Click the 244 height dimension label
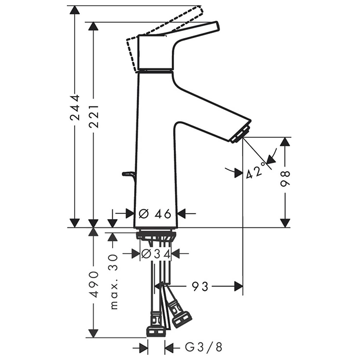coord(75,107)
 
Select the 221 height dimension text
coord(94,117)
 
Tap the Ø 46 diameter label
coord(155,214)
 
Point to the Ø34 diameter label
coord(156,254)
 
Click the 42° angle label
coord(256,172)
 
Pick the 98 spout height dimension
coord(285,178)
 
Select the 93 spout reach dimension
coord(200,286)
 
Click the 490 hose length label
coord(94,284)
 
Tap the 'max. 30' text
coord(114,281)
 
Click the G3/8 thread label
coord(204,347)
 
